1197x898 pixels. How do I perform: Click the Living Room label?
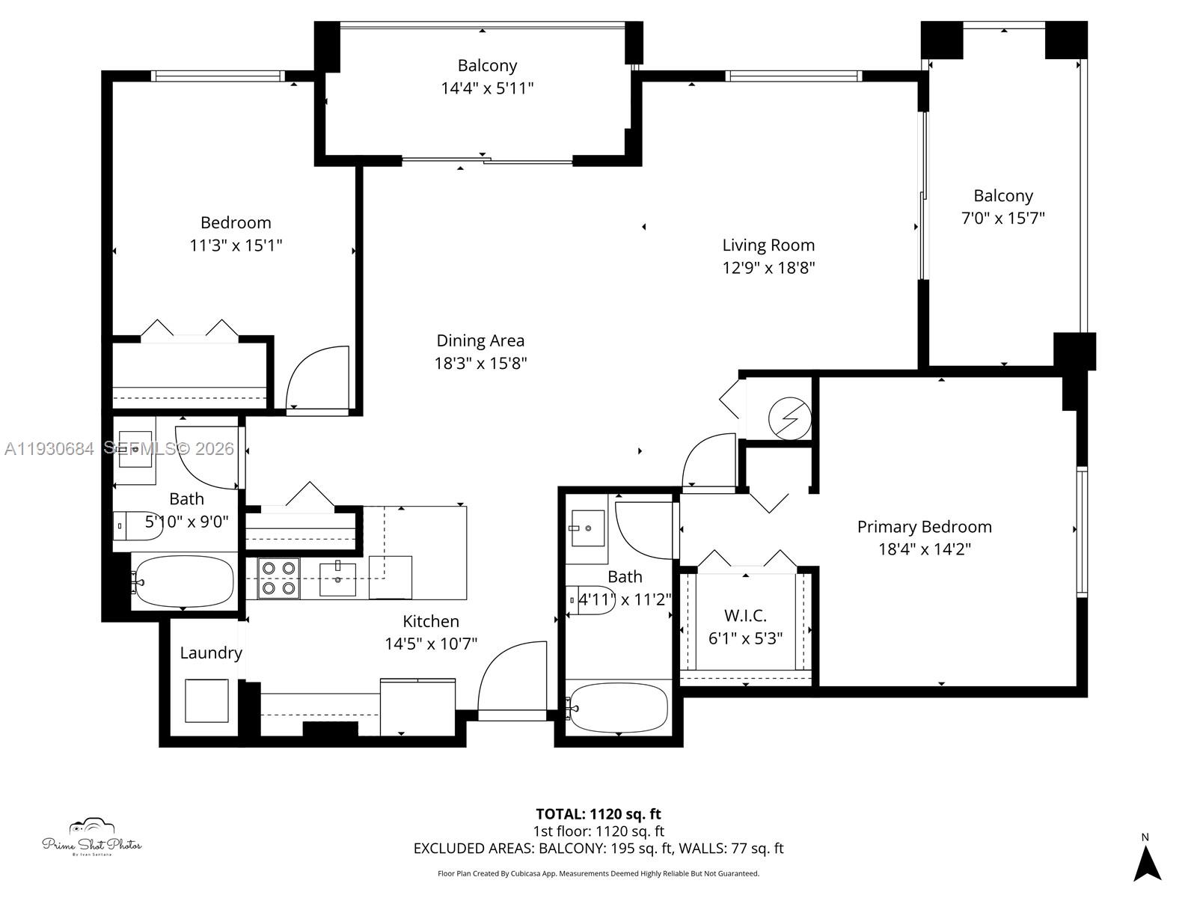(x=768, y=245)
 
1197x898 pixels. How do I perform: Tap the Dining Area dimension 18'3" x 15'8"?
(x=480, y=364)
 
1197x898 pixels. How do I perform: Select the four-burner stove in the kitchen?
(x=278, y=578)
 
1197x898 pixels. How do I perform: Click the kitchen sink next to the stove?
(x=337, y=578)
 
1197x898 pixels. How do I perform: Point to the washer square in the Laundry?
(x=206, y=700)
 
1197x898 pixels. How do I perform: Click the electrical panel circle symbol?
(x=789, y=419)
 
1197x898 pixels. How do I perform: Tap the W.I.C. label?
(x=745, y=616)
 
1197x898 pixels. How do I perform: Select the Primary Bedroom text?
(x=924, y=527)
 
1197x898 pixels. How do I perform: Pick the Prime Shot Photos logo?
(x=91, y=838)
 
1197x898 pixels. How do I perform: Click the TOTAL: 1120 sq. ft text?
(x=598, y=814)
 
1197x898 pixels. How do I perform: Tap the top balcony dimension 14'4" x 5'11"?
(x=487, y=88)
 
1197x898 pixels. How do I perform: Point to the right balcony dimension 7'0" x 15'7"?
(x=1002, y=219)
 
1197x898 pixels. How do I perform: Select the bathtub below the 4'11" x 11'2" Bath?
(x=618, y=708)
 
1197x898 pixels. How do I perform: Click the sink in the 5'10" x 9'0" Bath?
(x=135, y=449)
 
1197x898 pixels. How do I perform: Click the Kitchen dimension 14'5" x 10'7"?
(x=431, y=644)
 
